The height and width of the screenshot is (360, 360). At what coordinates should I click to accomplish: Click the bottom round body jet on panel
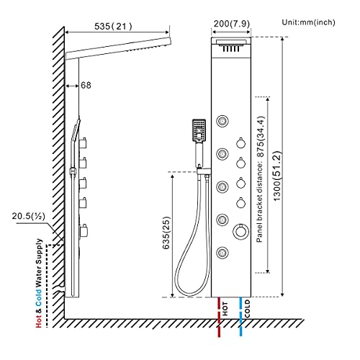tap(222, 253)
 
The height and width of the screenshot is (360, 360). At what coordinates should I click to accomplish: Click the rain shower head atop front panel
tap(232, 49)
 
